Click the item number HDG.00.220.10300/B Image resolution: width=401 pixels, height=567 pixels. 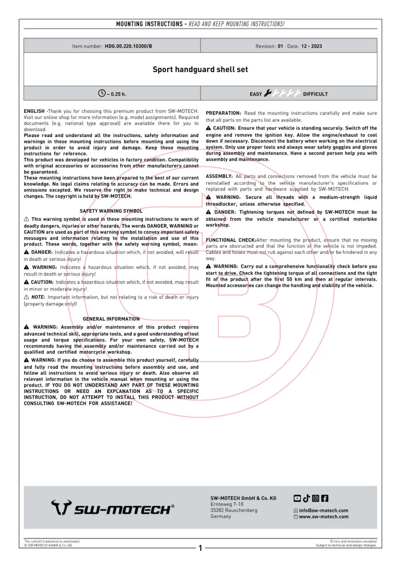tap(128, 46)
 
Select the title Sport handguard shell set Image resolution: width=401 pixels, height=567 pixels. tap(200, 70)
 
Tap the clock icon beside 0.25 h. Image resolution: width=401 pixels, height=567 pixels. tap(102, 93)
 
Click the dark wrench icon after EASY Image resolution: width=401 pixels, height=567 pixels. tap(268, 93)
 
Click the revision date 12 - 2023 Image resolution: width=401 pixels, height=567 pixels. tap(311, 46)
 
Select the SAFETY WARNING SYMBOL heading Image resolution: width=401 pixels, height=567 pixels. tap(111, 211)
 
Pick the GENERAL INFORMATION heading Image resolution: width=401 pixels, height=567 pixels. tap(111, 319)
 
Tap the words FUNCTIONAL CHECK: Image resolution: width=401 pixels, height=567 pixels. tap(231, 240)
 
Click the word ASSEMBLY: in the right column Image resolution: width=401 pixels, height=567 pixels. tap(219, 176)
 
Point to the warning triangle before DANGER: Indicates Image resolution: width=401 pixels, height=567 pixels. tap(26, 252)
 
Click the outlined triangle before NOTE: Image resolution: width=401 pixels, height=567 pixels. tap(26, 297)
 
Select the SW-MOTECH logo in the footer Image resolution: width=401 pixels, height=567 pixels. tap(113, 508)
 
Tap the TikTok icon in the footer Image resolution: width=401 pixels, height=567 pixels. tap(306, 498)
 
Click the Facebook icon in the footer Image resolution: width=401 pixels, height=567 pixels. tap(325, 498)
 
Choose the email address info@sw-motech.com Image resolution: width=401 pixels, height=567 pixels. tap(323, 511)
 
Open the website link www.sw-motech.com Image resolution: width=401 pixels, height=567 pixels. tap(323, 517)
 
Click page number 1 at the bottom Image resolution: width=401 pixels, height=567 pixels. tap(200, 548)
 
